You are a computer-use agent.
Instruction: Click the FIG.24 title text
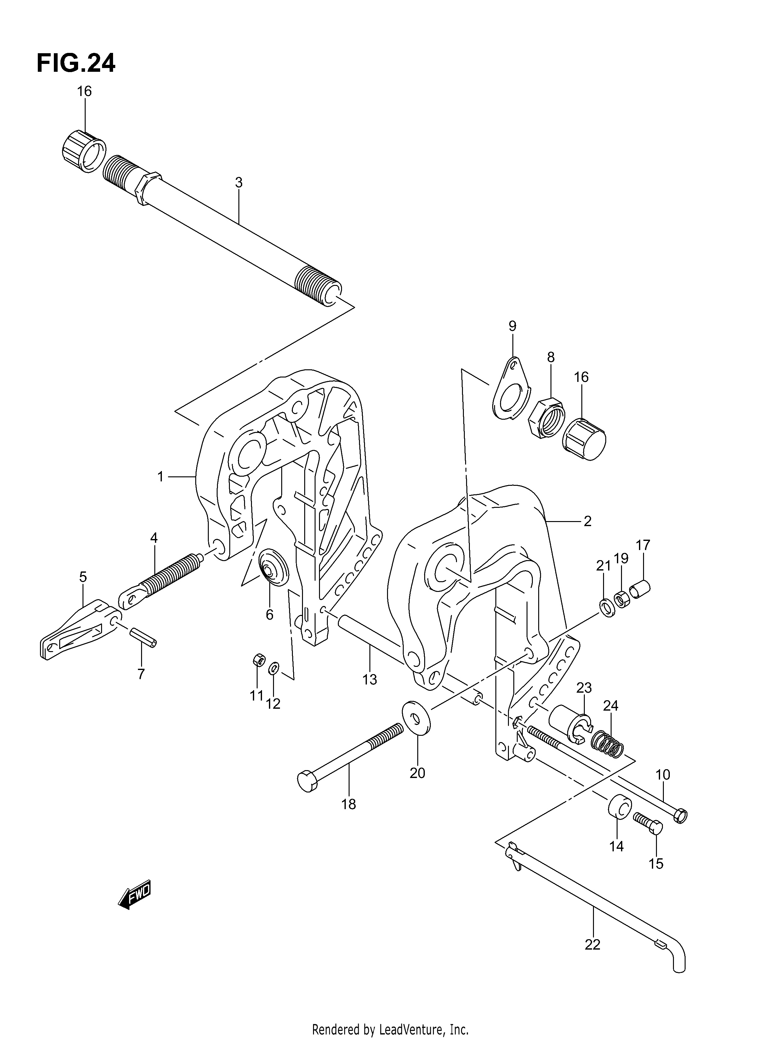pyautogui.click(x=76, y=63)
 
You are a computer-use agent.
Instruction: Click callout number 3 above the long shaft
pyautogui.click(x=239, y=182)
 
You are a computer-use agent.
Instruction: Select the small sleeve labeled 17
pyautogui.click(x=640, y=589)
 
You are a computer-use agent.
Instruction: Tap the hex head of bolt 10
pyautogui.click(x=680, y=815)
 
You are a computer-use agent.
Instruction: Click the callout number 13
pyautogui.click(x=370, y=679)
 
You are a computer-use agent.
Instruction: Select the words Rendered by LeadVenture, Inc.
pyautogui.click(x=390, y=1026)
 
